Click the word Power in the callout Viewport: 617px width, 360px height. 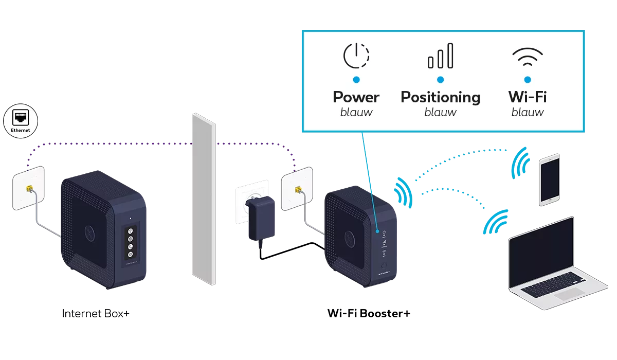pos(356,97)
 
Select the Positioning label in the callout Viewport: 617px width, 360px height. pos(440,97)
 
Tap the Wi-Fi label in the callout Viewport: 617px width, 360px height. pos(527,97)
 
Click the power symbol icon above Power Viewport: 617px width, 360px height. pos(356,57)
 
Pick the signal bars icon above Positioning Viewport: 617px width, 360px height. pos(441,56)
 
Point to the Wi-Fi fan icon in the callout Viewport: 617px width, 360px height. pos(527,58)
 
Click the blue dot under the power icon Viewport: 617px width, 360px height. pos(356,80)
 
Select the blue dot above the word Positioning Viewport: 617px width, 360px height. pos(440,80)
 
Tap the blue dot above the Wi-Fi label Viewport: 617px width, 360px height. pos(527,80)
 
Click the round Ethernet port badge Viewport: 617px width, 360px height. pos(22,120)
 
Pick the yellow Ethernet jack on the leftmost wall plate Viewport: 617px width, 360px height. pos(29,189)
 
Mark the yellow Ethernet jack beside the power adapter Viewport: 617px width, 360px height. pos(297,190)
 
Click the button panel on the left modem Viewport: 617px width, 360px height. pos(130,242)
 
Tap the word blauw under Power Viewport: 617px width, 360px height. pos(356,112)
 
